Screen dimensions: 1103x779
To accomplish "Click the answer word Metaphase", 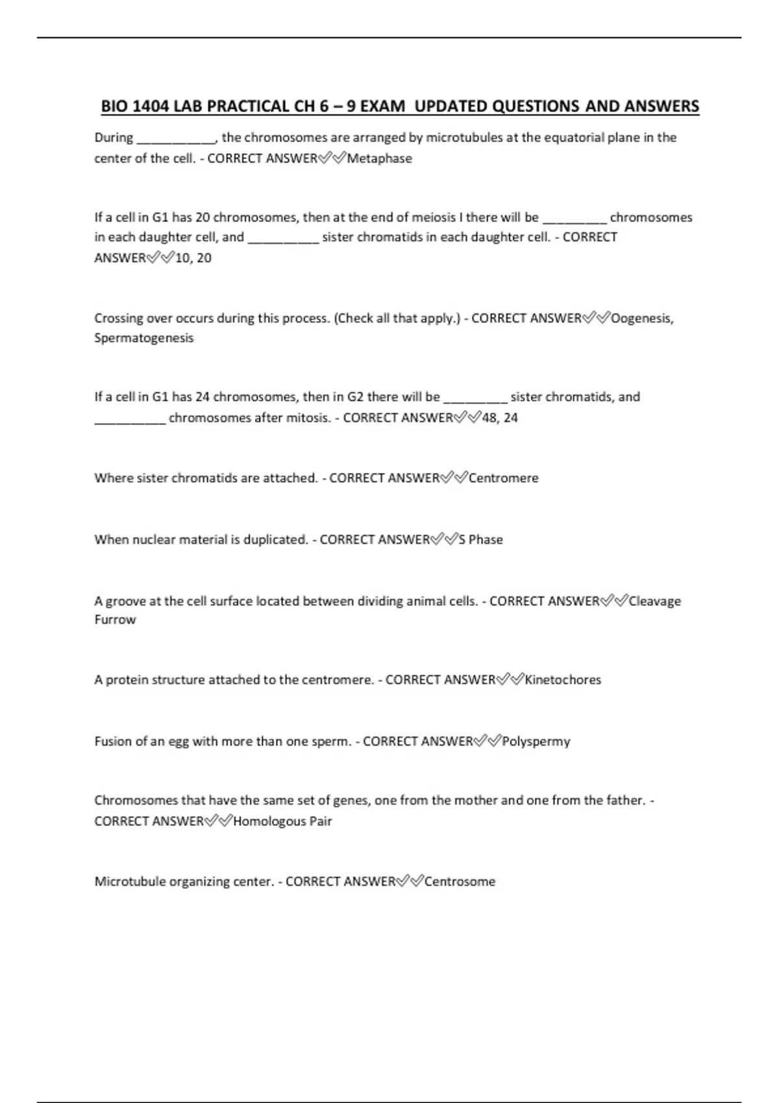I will [379, 158].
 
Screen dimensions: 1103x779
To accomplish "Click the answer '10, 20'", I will [193, 258].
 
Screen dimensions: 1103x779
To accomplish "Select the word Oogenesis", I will [641, 318].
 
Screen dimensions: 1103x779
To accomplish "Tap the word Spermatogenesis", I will [143, 338].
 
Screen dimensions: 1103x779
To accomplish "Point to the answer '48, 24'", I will [500, 418].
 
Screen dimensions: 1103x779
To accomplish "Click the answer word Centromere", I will [503, 478].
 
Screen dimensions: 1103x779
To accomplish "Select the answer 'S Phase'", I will [480, 540].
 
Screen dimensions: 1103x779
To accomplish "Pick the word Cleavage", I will [654, 601].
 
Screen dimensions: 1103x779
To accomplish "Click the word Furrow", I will [115, 620].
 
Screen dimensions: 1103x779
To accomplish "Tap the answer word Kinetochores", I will [563, 680].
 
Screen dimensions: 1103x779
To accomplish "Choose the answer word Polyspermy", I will [536, 742].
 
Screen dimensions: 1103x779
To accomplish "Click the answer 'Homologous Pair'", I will [282, 821].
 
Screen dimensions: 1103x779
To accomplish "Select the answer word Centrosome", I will [460, 882].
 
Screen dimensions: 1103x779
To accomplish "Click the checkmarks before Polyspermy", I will [488, 742].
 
